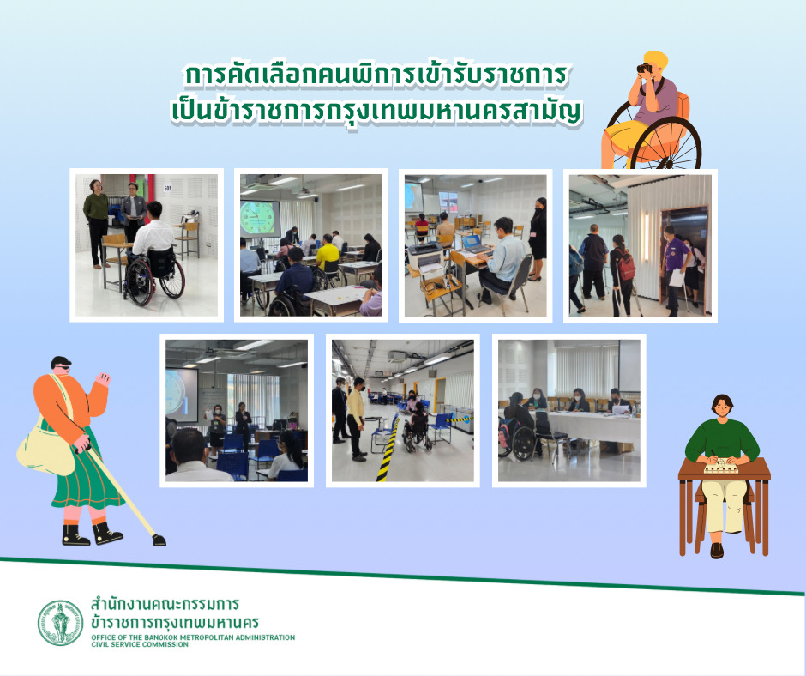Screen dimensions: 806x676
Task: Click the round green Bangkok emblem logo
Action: point(60,623)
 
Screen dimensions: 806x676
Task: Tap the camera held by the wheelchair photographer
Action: point(644,68)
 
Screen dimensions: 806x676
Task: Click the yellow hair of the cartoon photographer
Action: point(656,59)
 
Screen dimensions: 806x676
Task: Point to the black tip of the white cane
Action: point(159,540)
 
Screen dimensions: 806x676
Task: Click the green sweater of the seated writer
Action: point(722,440)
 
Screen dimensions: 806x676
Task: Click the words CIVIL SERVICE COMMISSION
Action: point(140,644)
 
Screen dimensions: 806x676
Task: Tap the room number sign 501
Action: point(167,188)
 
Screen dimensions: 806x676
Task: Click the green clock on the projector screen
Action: point(257,218)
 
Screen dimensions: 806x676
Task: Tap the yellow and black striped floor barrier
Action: point(388,447)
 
